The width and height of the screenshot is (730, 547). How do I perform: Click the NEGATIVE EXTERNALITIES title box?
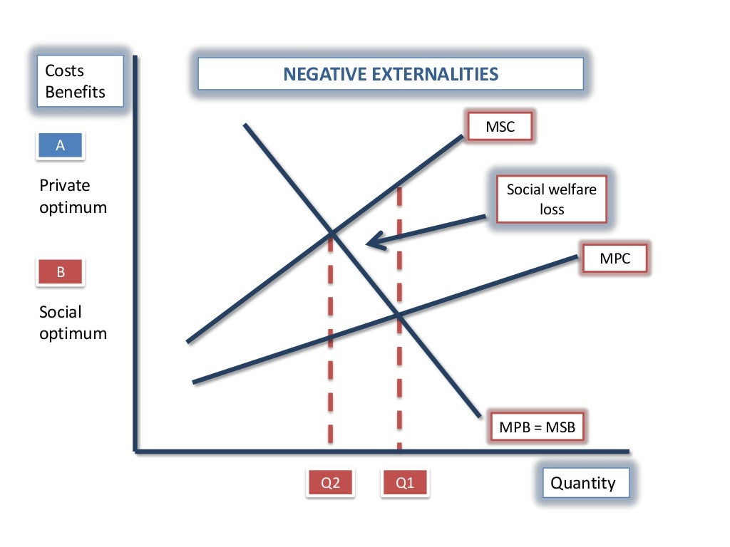pos(391,74)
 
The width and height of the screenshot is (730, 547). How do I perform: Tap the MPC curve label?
pos(615,259)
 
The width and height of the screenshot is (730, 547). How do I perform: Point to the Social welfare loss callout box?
pos(551,199)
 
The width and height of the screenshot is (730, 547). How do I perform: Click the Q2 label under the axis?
pos(331,483)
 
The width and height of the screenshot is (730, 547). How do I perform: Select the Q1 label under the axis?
pos(405,483)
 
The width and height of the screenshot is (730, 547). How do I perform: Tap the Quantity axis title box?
pos(583,483)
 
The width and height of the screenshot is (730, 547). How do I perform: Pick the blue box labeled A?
pos(61,145)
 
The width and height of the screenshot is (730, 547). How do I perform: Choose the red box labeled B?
pos(61,272)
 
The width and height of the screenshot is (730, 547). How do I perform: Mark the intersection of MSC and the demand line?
pos(331,232)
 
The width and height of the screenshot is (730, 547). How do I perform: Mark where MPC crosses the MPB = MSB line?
pos(399,315)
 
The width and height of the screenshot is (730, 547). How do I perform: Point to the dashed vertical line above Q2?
pos(331,342)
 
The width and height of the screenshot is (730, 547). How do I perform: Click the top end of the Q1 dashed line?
pos(399,189)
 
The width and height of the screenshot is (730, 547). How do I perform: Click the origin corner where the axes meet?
pos(135,450)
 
